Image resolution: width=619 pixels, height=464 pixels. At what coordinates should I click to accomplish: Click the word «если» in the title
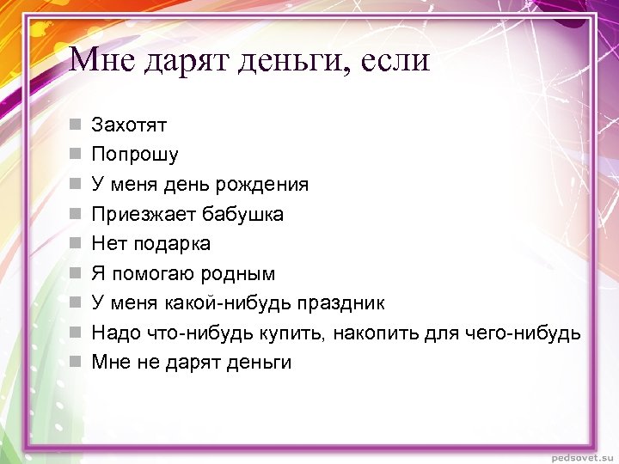click(x=390, y=60)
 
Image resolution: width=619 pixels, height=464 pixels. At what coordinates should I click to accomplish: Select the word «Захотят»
click(x=129, y=125)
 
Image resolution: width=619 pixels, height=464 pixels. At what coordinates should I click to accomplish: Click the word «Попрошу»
click(x=135, y=156)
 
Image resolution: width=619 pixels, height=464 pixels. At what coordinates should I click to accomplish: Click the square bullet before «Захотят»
click(x=76, y=125)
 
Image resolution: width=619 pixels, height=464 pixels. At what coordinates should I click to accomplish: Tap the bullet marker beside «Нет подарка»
click(x=76, y=244)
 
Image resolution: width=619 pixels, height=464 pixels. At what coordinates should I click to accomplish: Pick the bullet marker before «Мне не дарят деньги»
click(x=76, y=362)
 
